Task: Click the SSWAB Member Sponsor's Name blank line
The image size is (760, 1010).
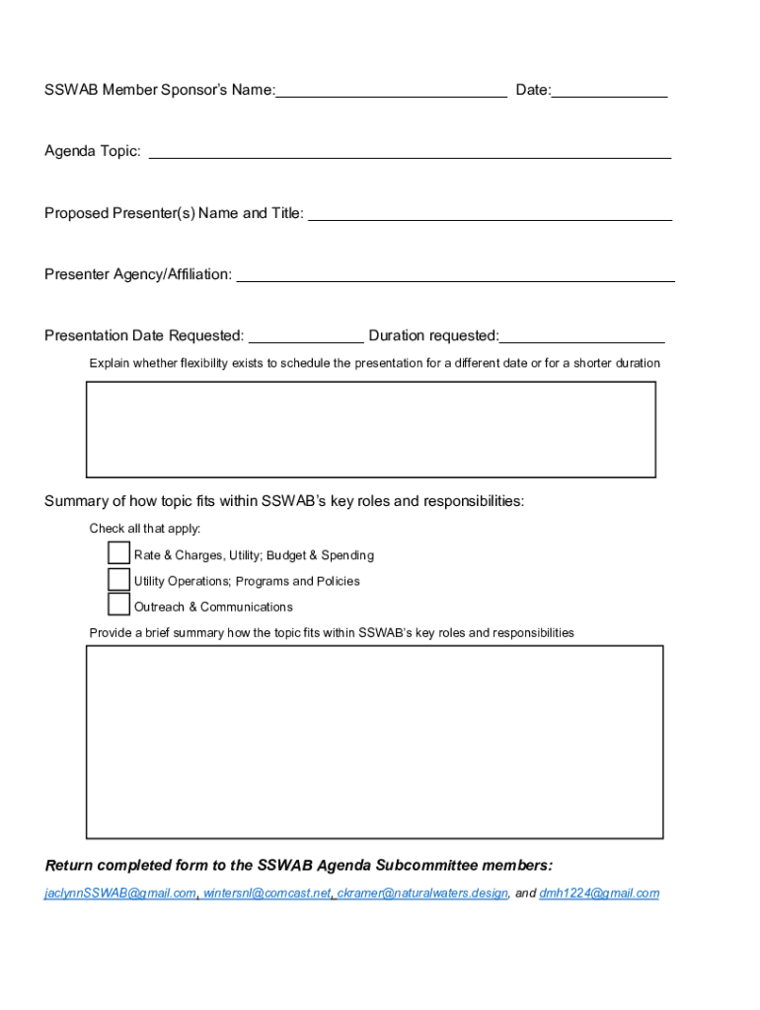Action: (391, 91)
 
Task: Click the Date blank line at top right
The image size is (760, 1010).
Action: (609, 91)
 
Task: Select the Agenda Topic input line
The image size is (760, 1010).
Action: (410, 151)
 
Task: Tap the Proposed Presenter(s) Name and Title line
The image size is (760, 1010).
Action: (491, 213)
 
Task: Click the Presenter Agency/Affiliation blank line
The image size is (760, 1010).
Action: (455, 274)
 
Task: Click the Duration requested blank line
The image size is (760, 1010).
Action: (581, 335)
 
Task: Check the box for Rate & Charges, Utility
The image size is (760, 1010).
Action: (118, 553)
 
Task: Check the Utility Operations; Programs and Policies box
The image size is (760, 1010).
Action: (118, 579)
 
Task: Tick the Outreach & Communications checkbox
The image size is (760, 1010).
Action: (118, 605)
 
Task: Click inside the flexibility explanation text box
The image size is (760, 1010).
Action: (371, 429)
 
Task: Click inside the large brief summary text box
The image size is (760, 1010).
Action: (374, 742)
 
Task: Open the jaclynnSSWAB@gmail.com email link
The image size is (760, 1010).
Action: (119, 894)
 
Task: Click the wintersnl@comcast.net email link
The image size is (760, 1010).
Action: (266, 894)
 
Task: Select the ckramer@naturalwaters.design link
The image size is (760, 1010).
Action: (422, 894)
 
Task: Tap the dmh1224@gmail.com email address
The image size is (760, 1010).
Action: (599, 894)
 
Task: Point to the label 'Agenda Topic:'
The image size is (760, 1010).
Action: (93, 151)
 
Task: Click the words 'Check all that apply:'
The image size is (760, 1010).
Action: (145, 529)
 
